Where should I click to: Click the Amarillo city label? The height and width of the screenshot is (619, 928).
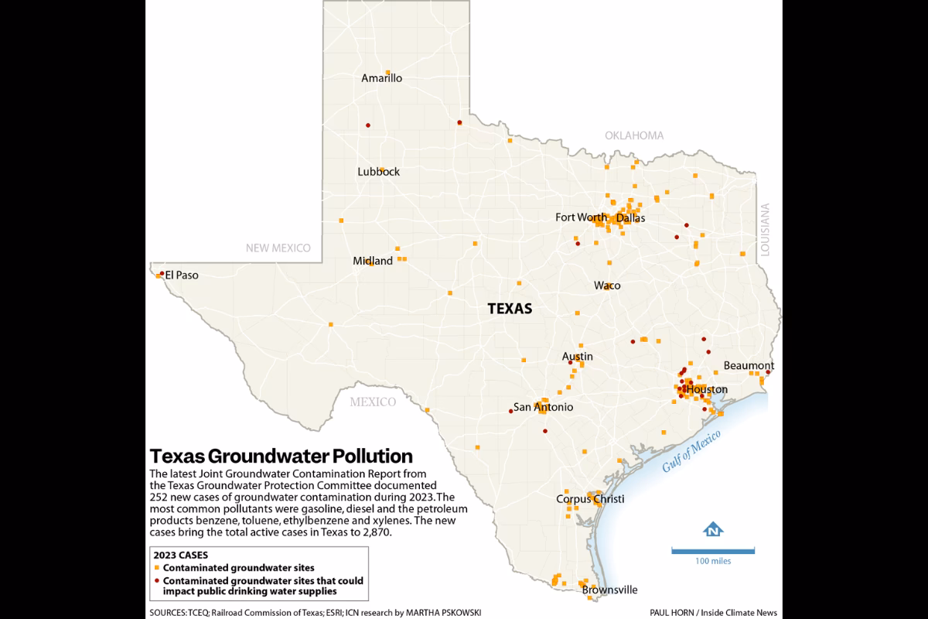pos(382,78)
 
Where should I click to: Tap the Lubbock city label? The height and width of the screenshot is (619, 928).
pos(378,172)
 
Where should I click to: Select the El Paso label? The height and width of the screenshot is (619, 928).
pos(181,275)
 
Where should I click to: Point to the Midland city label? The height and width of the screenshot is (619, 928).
pos(373,261)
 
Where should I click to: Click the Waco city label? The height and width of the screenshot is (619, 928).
pos(607,286)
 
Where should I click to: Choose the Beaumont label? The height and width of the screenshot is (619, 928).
pos(749,365)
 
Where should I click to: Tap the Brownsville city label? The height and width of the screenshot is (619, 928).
pos(609,590)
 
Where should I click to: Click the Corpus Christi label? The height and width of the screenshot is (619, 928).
pos(590,499)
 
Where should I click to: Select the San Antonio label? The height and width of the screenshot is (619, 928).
pos(544,407)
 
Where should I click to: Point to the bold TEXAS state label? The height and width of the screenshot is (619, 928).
pos(510,309)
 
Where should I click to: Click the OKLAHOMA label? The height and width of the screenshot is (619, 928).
pos(634,135)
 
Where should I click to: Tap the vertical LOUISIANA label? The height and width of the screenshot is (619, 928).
pos(766,230)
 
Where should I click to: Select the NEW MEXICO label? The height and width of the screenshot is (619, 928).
pos(278,248)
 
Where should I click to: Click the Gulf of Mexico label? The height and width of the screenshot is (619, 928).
pos(691,450)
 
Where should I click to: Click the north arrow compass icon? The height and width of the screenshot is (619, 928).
pos(712,530)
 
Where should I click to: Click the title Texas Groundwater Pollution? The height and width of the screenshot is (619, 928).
pos(281,455)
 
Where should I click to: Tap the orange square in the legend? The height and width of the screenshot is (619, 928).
pos(156,568)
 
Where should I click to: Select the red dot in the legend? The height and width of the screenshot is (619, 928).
pos(156,580)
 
